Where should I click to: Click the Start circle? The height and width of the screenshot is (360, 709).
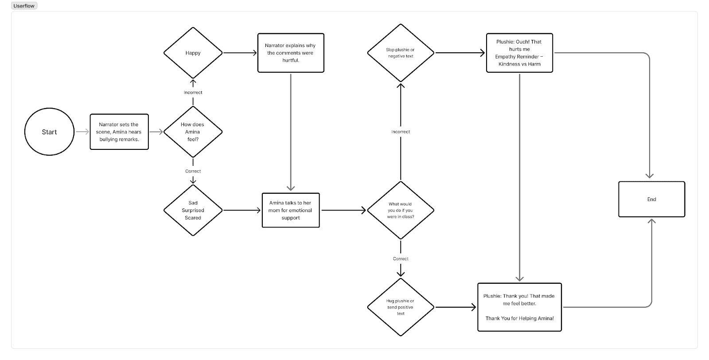(x=49, y=132)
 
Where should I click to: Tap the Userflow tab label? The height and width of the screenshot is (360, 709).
(x=24, y=6)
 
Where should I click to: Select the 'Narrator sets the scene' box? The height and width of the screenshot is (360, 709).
(x=119, y=132)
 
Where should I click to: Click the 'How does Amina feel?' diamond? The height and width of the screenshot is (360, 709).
(x=193, y=132)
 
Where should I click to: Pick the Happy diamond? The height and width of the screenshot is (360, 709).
(x=193, y=53)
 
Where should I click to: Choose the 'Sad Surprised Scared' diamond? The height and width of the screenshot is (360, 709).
(x=193, y=210)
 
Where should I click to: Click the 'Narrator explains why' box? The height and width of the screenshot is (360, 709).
(x=291, y=53)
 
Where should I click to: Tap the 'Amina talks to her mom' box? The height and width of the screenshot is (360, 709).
(x=291, y=210)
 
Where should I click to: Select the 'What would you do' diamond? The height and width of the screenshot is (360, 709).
(x=401, y=210)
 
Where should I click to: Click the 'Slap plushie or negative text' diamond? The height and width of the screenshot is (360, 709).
(x=401, y=53)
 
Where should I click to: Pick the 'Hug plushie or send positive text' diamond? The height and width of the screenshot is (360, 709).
(x=401, y=307)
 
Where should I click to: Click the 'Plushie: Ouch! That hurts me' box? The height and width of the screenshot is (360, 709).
(x=519, y=53)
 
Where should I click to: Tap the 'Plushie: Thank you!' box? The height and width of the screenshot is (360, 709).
(x=519, y=307)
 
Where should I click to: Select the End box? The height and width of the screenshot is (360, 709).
(x=651, y=199)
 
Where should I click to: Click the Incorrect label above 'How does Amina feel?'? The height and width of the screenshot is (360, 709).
(x=193, y=92)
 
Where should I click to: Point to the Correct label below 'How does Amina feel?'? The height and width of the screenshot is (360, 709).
(x=193, y=171)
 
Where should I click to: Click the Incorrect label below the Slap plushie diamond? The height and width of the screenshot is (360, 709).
(x=401, y=132)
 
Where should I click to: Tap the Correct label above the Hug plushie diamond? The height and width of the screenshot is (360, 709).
(x=401, y=258)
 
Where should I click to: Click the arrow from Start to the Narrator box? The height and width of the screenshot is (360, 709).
(x=82, y=132)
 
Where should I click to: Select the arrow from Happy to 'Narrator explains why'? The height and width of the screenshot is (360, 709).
(x=240, y=53)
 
